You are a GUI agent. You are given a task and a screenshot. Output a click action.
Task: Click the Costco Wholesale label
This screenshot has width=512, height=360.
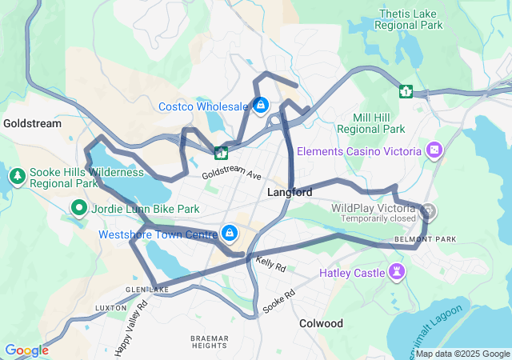[203, 106]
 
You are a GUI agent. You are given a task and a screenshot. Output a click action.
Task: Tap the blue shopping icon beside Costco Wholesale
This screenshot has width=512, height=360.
[261, 105]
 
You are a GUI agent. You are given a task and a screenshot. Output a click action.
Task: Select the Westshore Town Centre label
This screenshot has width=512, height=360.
[158, 234]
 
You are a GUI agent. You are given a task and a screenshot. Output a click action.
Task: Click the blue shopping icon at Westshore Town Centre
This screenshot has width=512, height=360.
[230, 233]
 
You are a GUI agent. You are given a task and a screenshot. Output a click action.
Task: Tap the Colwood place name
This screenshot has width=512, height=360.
[321, 323]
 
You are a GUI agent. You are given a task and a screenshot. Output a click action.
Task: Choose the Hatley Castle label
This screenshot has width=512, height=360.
[352, 273]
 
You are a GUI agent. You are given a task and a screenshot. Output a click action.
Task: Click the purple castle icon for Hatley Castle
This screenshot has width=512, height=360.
[397, 271]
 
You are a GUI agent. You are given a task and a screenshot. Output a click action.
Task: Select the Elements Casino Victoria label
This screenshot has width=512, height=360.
[358, 151]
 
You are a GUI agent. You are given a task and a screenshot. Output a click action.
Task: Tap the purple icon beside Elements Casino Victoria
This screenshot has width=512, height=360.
[434, 150]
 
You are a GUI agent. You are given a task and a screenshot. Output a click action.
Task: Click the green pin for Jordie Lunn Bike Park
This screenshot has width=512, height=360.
[79, 210]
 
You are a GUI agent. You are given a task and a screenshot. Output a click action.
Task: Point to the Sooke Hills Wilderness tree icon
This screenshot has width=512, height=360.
[17, 174]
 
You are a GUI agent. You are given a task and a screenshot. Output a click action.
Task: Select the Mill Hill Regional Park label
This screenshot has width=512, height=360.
[371, 122]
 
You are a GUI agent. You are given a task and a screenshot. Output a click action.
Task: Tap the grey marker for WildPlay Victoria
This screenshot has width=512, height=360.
[430, 211]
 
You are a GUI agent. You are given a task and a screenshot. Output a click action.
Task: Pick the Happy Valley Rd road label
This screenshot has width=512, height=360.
[132, 327]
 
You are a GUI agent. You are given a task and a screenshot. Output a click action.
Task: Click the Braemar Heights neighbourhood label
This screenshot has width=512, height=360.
[210, 342]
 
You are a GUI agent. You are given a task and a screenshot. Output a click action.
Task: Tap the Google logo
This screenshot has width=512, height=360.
[26, 350]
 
